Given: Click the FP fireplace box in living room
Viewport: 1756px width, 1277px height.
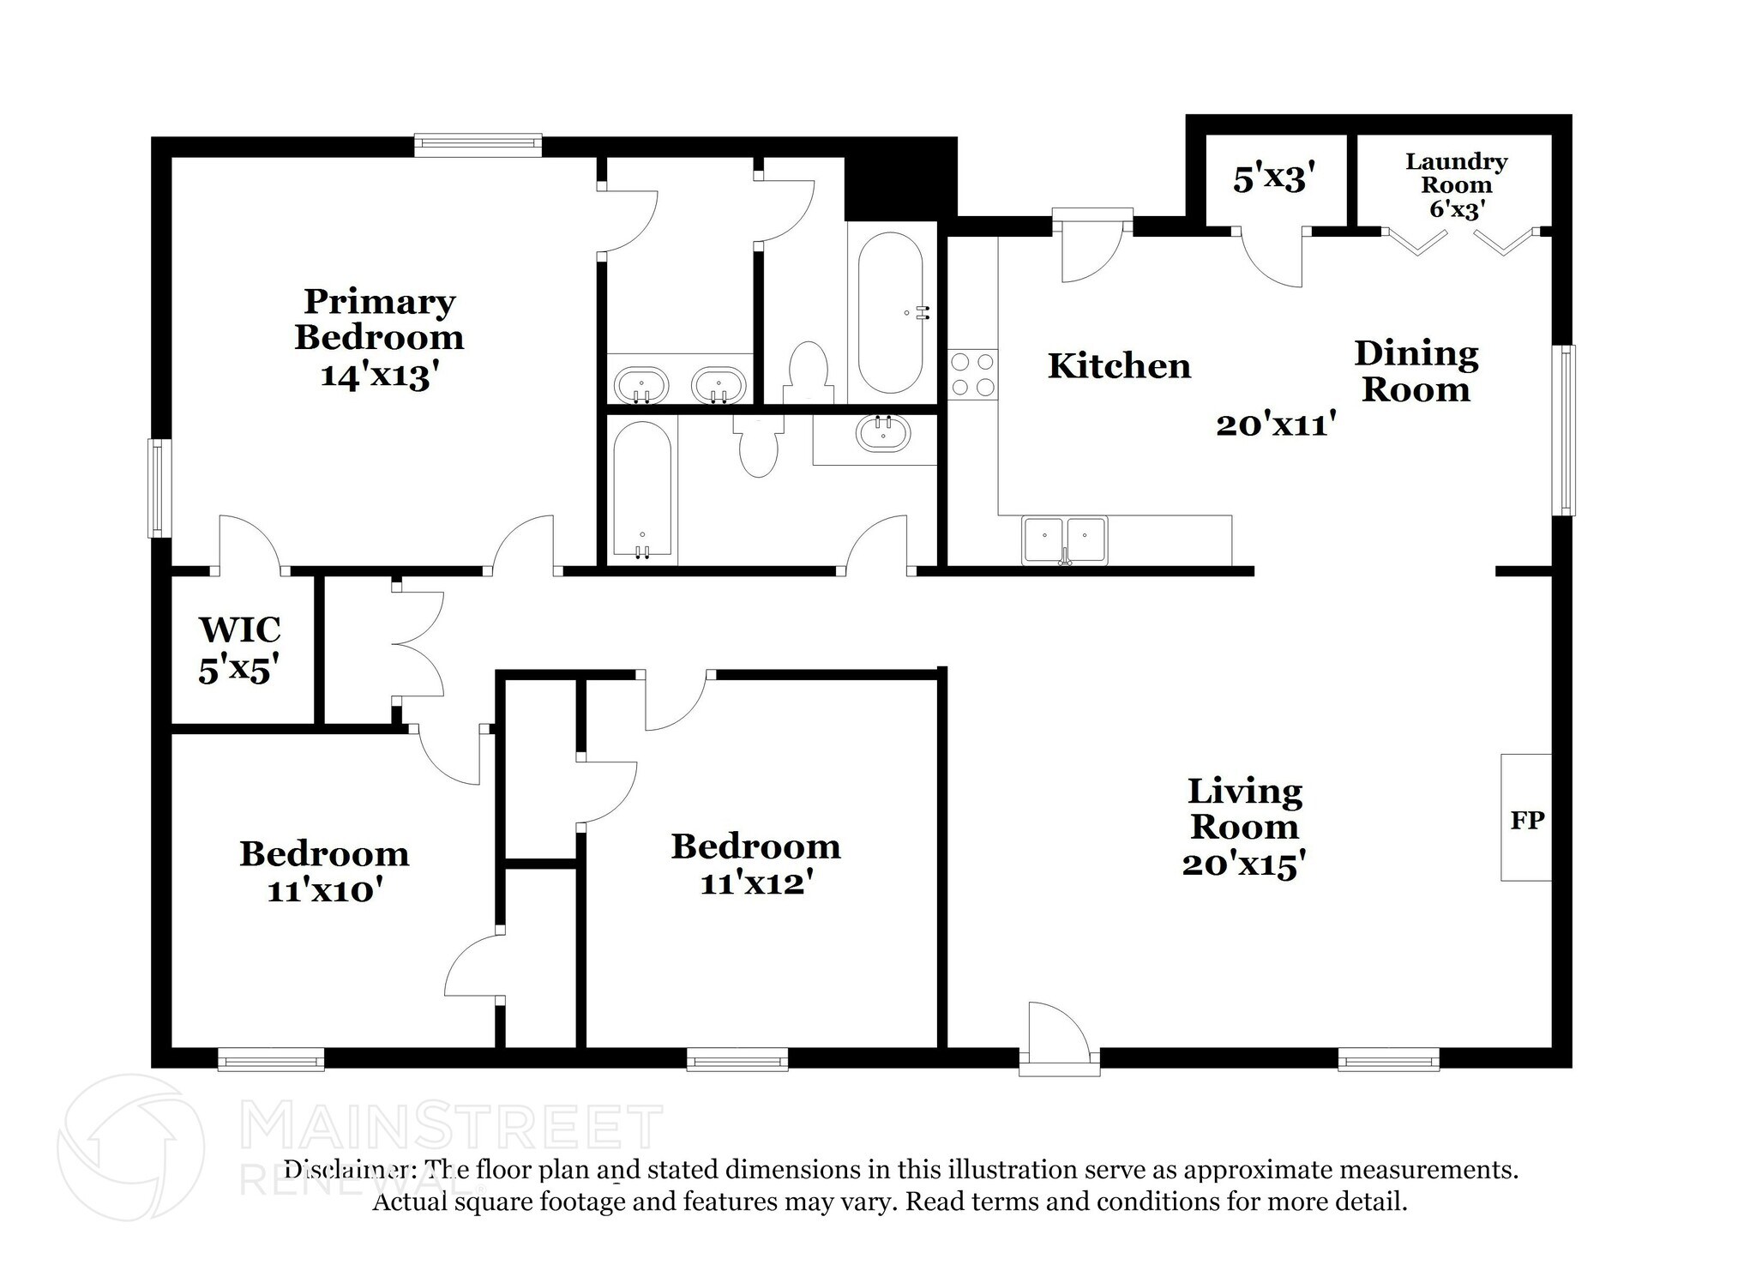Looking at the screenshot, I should tap(1526, 817).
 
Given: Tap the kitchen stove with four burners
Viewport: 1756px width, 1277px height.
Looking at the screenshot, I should tap(973, 375).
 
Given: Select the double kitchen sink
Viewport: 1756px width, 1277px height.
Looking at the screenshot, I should tap(1064, 540).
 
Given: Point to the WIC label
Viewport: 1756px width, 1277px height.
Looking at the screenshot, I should tap(239, 630).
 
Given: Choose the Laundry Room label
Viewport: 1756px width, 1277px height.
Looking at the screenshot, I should tap(1456, 173).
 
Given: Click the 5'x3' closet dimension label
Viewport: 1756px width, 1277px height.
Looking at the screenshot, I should tap(1273, 179).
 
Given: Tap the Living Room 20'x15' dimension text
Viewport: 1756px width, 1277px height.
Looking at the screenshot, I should tap(1243, 864).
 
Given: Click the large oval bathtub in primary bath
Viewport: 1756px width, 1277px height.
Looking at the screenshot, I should tap(890, 313).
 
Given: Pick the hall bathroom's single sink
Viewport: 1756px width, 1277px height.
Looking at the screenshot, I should tap(883, 433).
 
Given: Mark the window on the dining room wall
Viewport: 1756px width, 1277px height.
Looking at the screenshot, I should tap(1567, 431).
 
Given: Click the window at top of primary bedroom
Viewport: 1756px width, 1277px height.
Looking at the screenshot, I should tap(478, 145).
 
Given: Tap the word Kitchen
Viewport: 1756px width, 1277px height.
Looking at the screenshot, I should tap(1119, 366).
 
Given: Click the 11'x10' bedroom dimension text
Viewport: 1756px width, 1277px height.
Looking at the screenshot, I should tap(323, 891).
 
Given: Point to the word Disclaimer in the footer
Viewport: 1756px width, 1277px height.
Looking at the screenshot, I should tap(346, 1169).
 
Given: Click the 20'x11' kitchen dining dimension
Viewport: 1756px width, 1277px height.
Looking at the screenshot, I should tap(1277, 425).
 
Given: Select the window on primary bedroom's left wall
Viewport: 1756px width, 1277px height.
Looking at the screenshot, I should tap(159, 488).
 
